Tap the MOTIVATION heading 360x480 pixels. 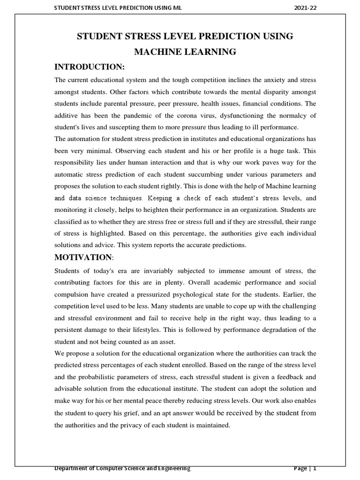tap(83, 257)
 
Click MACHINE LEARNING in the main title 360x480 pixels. tap(185, 52)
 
